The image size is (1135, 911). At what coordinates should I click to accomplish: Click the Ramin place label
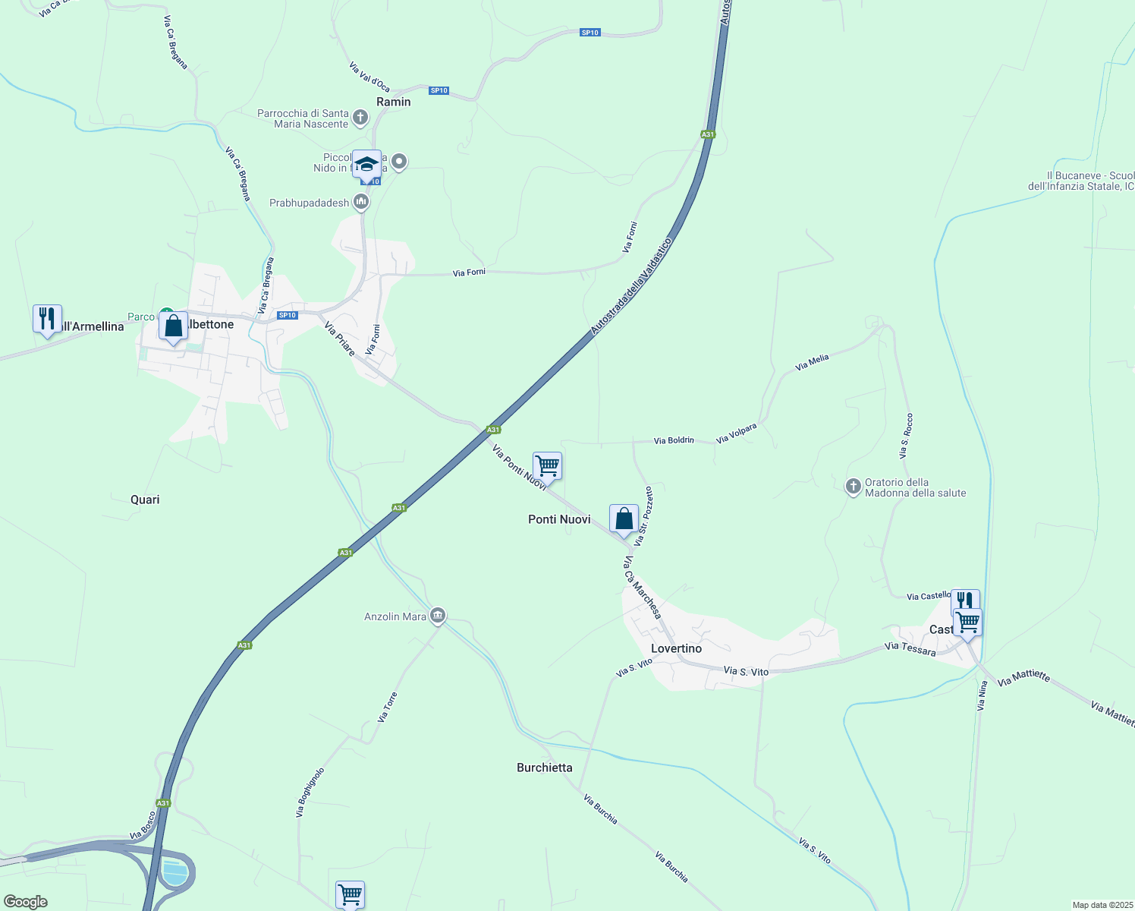[x=394, y=102]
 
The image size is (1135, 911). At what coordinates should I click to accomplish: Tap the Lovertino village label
[x=676, y=648]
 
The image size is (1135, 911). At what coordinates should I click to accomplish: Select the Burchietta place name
[x=544, y=768]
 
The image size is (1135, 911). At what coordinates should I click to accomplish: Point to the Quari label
[x=145, y=500]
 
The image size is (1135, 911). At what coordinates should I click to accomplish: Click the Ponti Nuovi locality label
[x=559, y=519]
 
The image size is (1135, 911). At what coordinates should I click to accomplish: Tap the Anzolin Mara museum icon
[x=438, y=616]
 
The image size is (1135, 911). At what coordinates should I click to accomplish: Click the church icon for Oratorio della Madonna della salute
[x=854, y=486]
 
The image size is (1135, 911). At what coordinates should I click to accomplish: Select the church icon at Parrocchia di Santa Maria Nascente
[x=360, y=118]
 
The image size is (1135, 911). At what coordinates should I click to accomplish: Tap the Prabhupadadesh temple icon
[x=361, y=202]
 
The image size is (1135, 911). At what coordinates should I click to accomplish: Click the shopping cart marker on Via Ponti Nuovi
[x=547, y=465]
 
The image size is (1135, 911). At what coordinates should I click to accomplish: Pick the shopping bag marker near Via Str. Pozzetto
[x=624, y=519]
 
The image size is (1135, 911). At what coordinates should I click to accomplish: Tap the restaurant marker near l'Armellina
[x=47, y=318]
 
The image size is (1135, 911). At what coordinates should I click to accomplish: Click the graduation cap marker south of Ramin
[x=366, y=164]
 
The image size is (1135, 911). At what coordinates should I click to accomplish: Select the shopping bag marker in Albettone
[x=173, y=326]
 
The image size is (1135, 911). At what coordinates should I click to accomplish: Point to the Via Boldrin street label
[x=674, y=440]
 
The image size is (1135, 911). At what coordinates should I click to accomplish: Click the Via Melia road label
[x=812, y=363]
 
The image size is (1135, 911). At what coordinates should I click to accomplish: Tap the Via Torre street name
[x=388, y=707]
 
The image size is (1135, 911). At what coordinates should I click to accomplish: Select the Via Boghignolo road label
[x=310, y=793]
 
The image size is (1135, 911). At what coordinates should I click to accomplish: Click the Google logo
[x=26, y=902]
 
